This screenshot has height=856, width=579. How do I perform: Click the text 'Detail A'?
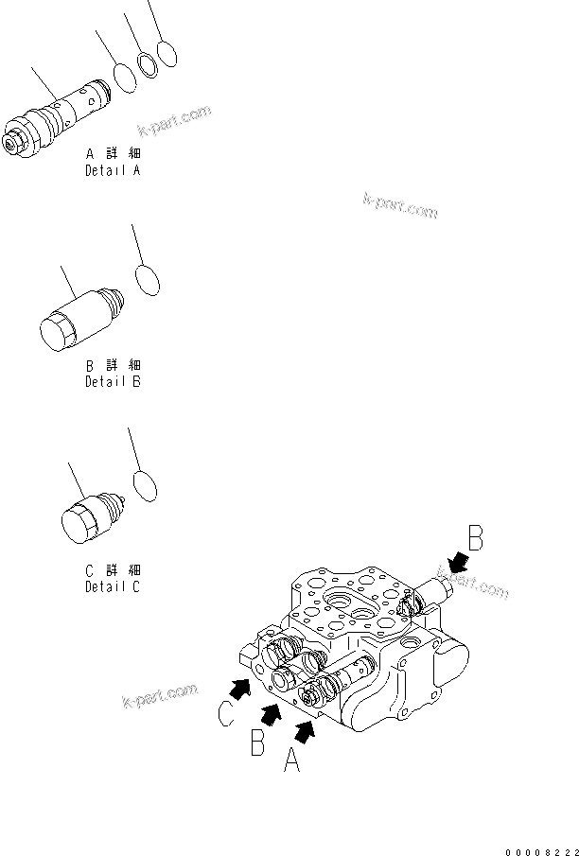[113, 171]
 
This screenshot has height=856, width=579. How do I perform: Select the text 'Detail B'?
[113, 382]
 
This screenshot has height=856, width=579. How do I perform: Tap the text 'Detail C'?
[113, 586]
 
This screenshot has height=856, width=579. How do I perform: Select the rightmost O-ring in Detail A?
[167, 55]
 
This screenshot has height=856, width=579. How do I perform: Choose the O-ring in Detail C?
[145, 484]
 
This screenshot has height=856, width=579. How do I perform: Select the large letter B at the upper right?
[476, 540]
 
